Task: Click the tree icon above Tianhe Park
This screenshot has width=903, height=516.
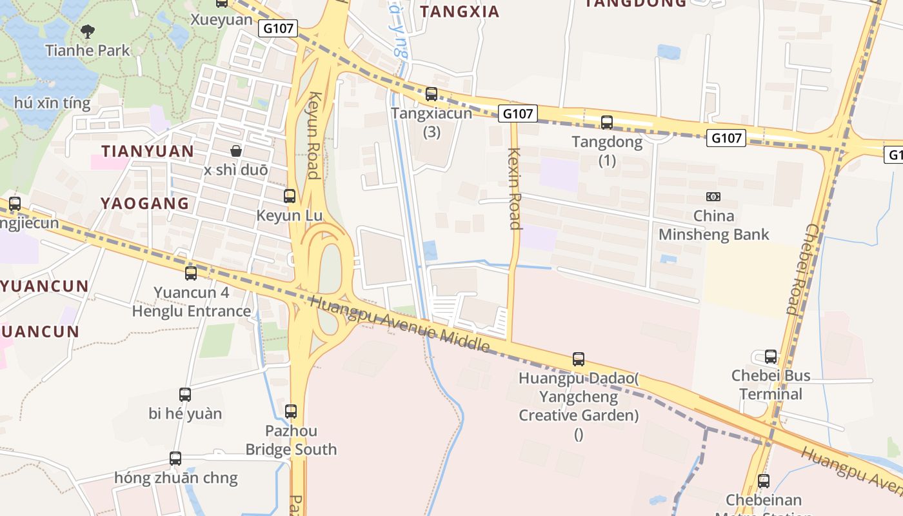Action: (88, 30)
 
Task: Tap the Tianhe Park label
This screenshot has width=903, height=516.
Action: (88, 50)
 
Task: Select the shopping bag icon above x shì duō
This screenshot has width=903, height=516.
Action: (236, 151)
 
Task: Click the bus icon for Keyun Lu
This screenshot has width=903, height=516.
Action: (290, 196)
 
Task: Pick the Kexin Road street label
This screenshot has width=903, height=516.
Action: (514, 188)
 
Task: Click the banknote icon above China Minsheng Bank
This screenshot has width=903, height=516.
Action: (713, 197)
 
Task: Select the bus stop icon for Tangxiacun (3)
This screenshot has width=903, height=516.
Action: (432, 94)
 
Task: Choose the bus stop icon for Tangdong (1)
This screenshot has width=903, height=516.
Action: (607, 123)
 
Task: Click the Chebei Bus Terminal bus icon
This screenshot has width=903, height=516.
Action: (771, 357)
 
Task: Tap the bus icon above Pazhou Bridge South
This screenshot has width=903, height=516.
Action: (291, 411)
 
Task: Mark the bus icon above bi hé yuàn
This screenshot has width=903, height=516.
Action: (185, 394)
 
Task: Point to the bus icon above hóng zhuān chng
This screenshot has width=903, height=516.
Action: (175, 459)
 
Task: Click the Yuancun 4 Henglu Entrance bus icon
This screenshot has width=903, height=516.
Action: (191, 273)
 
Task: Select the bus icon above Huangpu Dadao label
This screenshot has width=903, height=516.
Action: (579, 359)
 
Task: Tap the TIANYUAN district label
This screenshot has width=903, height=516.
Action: (147, 152)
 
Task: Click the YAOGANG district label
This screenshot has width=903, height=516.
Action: (144, 203)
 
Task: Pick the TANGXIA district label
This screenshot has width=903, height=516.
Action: (459, 12)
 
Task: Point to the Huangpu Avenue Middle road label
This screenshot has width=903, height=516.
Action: (400, 324)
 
